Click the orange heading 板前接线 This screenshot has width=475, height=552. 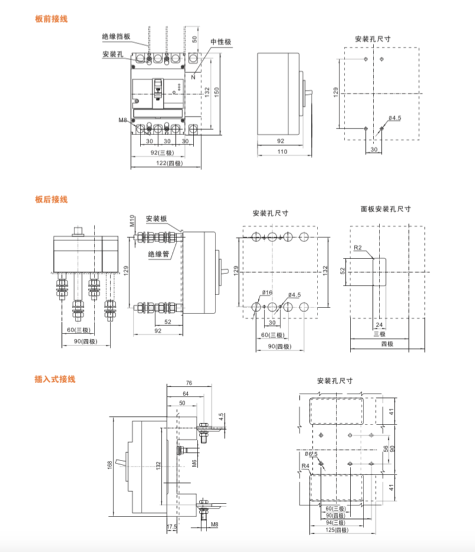(51, 19)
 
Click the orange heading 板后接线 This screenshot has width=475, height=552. (51, 200)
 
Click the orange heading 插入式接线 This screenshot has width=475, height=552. (55, 379)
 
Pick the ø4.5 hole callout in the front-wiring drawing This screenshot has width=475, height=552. (394, 118)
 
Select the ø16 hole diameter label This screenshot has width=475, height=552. (267, 293)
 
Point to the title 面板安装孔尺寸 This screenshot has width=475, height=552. (386, 209)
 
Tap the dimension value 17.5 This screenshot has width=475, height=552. (172, 526)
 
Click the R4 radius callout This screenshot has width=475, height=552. (305, 466)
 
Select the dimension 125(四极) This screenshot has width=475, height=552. (338, 530)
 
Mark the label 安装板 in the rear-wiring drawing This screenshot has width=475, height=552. (156, 218)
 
